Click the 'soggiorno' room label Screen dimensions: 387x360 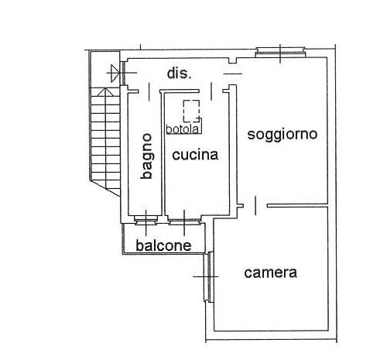pos(283,135)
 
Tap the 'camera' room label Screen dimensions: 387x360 pos(270,273)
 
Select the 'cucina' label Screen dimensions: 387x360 pos(195,155)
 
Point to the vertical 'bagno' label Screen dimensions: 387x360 pos(146,156)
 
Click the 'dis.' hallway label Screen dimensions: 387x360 pos(180,74)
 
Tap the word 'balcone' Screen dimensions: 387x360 pos(163,245)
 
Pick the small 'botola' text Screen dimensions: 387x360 pos(183,129)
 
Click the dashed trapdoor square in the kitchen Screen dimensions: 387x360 pos(191,111)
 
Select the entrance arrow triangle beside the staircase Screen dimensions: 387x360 pos(115,74)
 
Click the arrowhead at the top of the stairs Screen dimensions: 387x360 pos(105,92)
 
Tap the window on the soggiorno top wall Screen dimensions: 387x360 pos(280,52)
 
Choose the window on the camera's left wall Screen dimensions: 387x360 pos(208,276)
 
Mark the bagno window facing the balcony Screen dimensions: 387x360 pos(146,220)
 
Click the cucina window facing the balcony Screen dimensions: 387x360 pos(184,221)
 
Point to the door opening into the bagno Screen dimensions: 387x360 pos(149,91)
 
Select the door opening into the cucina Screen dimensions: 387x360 pos(211,91)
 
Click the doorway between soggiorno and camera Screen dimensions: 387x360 pos(255,206)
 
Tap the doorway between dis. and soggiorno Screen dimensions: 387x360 pos(233,74)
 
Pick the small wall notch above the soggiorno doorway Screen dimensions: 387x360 pos(233,60)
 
